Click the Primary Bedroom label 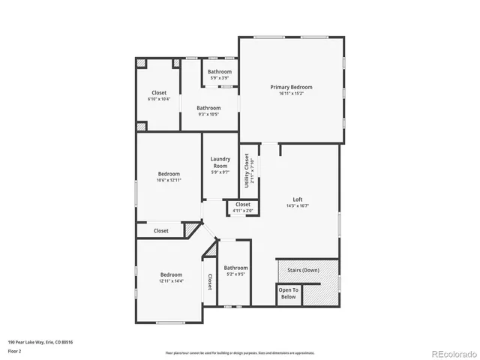pyautogui.click(x=291, y=87)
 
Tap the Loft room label pyautogui.click(x=298, y=199)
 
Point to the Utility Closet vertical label pyautogui.click(x=247, y=170)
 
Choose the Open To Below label pyautogui.click(x=288, y=293)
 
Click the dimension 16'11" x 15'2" pyautogui.click(x=291, y=94)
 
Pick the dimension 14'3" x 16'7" pyautogui.click(x=298, y=206)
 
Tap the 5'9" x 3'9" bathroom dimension pyautogui.click(x=220, y=78)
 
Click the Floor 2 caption pyautogui.click(x=15, y=350)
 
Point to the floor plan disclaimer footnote pyautogui.click(x=240, y=352)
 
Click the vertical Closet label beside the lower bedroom pyautogui.click(x=209, y=281)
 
